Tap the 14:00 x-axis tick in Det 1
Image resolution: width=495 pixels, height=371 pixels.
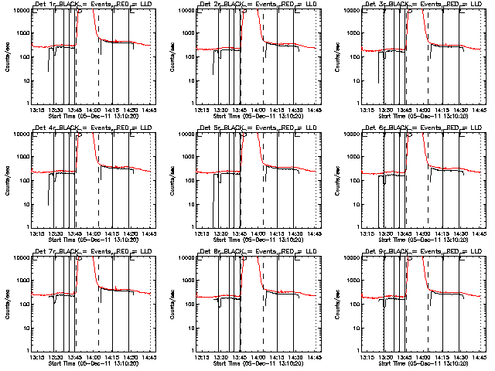pyautogui.click(x=94, y=110)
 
